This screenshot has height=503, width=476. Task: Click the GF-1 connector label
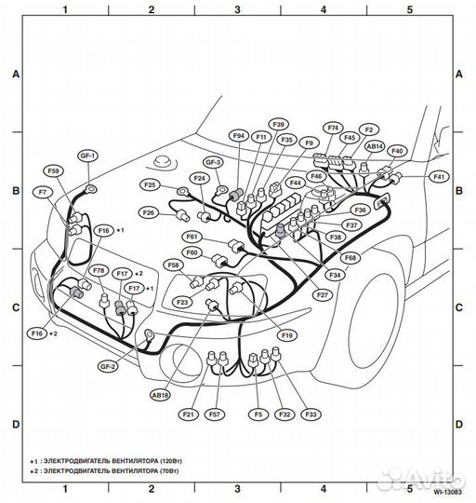coord(87,156)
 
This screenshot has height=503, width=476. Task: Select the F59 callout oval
coord(53,171)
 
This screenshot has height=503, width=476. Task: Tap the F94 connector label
coord(239,136)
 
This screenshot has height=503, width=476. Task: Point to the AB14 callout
coord(376,146)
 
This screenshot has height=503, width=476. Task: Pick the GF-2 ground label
coord(109,367)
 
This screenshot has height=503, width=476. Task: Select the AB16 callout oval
coord(161,395)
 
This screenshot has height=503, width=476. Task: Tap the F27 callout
coord(322,295)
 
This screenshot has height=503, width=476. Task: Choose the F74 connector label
coord(334,127)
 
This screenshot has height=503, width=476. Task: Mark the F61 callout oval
coord(192,237)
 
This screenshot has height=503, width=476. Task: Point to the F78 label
coord(99,270)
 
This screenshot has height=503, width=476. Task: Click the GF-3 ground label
coord(214,162)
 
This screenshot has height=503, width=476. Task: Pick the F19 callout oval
coord(286,334)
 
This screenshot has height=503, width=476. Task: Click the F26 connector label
coord(148,212)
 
